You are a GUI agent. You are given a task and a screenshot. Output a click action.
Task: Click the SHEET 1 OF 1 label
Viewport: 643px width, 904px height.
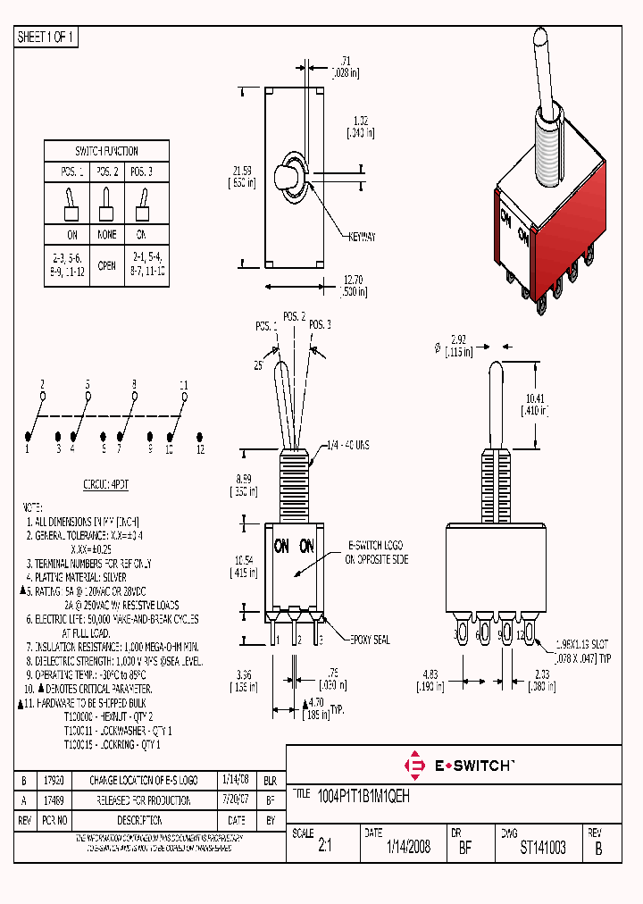[x=46, y=37]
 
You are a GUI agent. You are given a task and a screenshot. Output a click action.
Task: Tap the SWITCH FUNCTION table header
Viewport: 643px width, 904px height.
[x=106, y=151]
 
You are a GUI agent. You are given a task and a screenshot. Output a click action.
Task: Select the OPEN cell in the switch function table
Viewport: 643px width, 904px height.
[x=106, y=265]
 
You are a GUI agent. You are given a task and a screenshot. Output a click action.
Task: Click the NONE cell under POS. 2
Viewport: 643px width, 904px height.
[x=106, y=234]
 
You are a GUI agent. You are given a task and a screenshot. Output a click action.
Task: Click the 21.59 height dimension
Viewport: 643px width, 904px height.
[x=242, y=170]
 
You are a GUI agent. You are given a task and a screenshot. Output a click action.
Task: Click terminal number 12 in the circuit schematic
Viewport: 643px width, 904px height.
[x=201, y=449]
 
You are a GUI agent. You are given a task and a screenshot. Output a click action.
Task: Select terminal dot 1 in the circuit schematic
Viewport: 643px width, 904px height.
[x=28, y=436]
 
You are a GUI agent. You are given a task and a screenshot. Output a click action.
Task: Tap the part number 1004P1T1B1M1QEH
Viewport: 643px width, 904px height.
[x=364, y=794]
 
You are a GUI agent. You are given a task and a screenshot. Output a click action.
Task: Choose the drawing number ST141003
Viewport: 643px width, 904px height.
[x=542, y=848]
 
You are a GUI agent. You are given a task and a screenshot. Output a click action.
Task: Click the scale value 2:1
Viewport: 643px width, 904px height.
[x=324, y=848]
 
